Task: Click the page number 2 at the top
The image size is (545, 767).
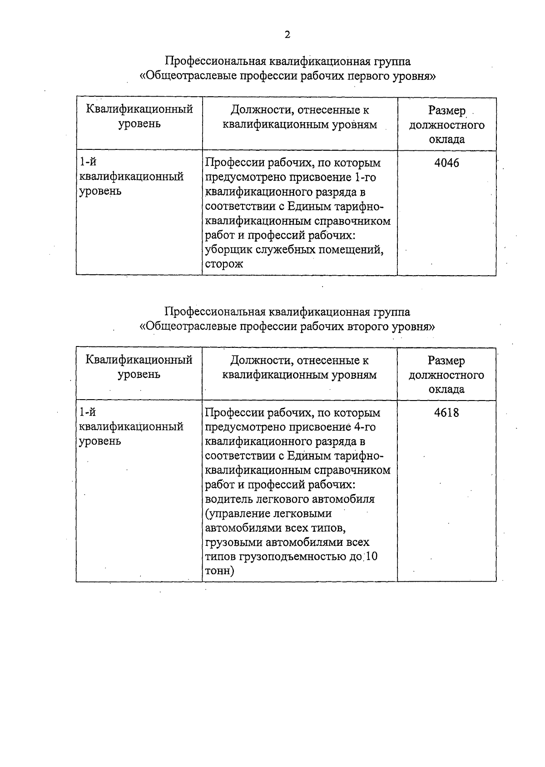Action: (287, 35)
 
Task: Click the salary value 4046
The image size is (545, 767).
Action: (446, 163)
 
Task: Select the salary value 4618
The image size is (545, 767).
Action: (446, 413)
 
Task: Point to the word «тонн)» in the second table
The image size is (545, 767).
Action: (220, 571)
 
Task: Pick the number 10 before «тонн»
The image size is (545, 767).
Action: (371, 557)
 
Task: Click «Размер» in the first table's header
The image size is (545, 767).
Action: (447, 111)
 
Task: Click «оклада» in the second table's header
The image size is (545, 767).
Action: (446, 390)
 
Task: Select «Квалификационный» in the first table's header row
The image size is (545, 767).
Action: (139, 109)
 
